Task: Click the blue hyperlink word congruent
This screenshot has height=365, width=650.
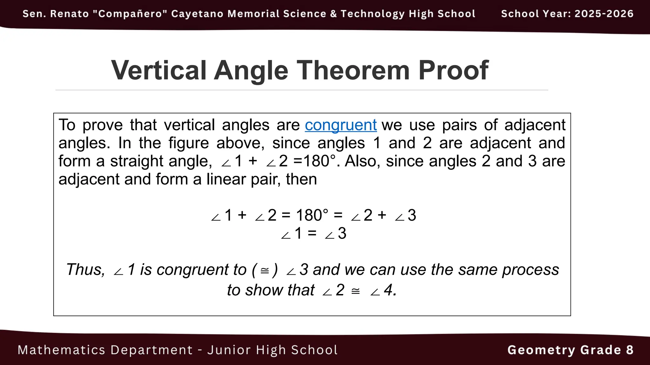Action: [341, 125]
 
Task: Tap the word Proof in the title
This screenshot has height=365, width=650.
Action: [453, 70]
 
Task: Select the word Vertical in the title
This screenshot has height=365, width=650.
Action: [159, 70]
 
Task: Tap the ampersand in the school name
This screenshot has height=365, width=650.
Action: [333, 14]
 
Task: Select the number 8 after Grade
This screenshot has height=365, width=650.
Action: [630, 350]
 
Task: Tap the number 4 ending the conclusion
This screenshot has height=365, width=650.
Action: [389, 290]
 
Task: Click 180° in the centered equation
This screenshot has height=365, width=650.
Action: [312, 215]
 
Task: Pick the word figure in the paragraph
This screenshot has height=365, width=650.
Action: [189, 143]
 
